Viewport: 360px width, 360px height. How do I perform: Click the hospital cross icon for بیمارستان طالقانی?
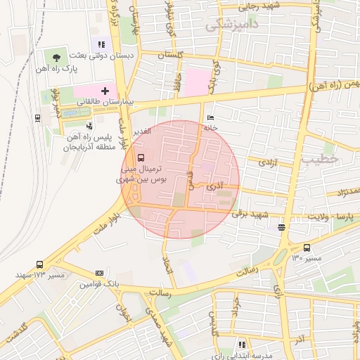[x=105, y=90]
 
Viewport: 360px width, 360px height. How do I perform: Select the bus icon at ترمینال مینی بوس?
[x=141, y=157]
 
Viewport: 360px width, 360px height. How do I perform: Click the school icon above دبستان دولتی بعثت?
[x=101, y=44]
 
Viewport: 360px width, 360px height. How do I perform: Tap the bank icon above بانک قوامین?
[x=99, y=273]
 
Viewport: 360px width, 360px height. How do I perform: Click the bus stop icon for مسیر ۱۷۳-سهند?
[x=37, y=264]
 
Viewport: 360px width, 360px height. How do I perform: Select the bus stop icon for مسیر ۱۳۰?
[x=307, y=247]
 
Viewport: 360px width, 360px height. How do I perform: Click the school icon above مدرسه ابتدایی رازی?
[x=243, y=345]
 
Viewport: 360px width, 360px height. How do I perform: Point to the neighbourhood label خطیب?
[x=321, y=159]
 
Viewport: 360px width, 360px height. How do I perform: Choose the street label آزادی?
[x=269, y=162]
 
